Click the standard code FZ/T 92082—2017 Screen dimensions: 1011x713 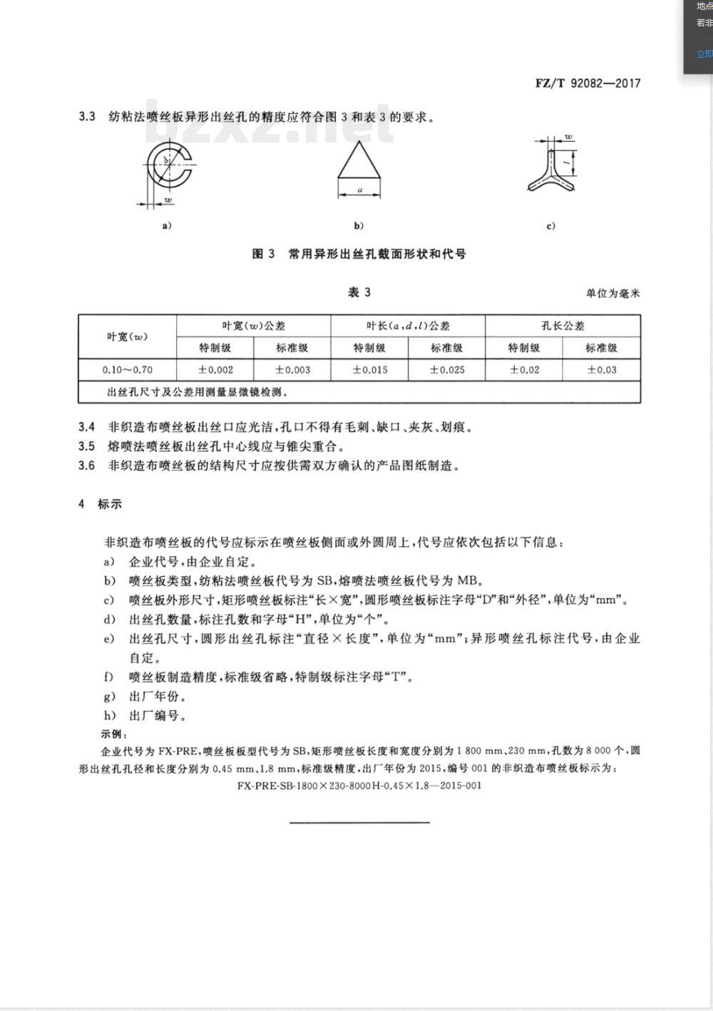click(x=588, y=83)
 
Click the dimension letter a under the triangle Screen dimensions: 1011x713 click(x=359, y=190)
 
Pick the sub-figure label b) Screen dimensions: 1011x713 click(x=359, y=226)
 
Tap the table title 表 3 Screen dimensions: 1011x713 click(x=359, y=292)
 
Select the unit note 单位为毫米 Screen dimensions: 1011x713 click(x=612, y=294)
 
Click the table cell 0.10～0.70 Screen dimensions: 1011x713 click(x=127, y=370)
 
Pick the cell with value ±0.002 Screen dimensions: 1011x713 click(x=215, y=370)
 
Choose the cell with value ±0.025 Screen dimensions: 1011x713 click(x=446, y=370)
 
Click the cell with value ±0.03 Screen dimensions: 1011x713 click(x=601, y=370)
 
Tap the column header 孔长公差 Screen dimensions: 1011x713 click(x=562, y=326)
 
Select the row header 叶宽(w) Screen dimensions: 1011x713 click(x=127, y=337)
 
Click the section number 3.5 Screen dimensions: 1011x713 click(x=86, y=446)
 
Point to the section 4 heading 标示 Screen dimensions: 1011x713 click(x=110, y=504)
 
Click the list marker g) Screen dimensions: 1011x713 click(x=109, y=696)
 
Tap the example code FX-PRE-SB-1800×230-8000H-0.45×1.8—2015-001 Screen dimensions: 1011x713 click(x=359, y=786)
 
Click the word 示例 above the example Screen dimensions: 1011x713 click(x=114, y=734)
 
